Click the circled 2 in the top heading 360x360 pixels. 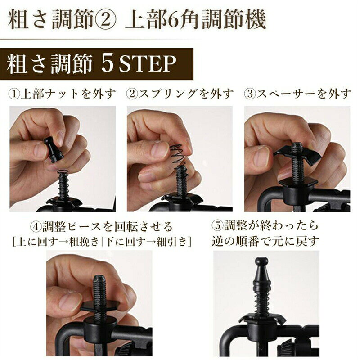click(104, 20)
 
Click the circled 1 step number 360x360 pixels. click(14, 94)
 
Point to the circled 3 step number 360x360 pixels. click(250, 94)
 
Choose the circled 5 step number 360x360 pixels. click(217, 226)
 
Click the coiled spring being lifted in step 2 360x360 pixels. click(179, 156)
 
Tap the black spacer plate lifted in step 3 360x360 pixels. click(296, 153)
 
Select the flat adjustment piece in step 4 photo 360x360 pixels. click(100, 306)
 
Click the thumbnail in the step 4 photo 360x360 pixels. click(70, 300)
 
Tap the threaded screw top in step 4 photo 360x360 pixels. click(99, 280)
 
